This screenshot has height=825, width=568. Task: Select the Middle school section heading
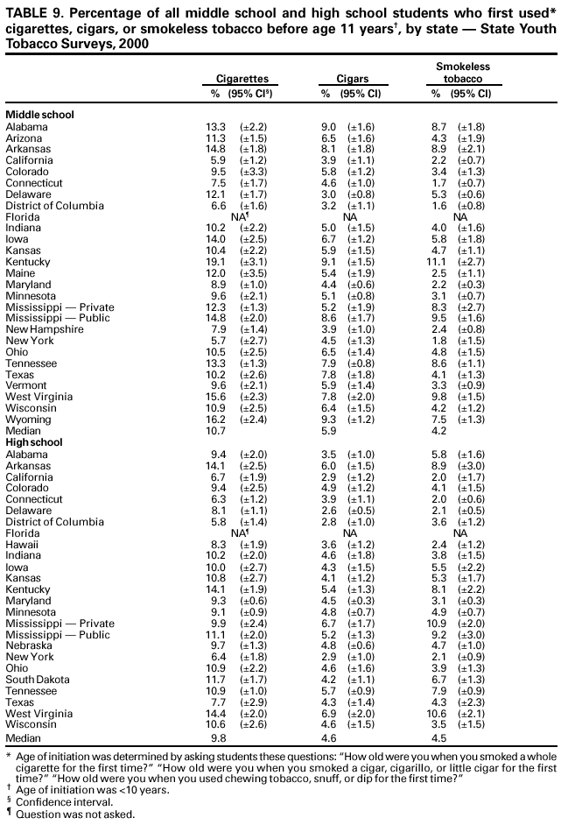pyautogui.click(x=39, y=115)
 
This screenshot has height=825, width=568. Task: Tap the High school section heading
pyautogui.click(x=34, y=442)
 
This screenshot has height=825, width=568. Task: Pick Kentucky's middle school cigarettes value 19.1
pyautogui.click(x=216, y=262)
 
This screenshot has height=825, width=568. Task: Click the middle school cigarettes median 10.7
pyautogui.click(x=216, y=431)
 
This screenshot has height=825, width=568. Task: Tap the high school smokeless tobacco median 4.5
pyautogui.click(x=439, y=737)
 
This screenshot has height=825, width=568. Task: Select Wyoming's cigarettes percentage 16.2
pyautogui.click(x=216, y=420)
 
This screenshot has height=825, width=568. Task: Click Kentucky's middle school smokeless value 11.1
pyautogui.click(x=439, y=262)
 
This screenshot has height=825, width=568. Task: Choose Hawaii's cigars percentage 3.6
pyautogui.click(x=328, y=544)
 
